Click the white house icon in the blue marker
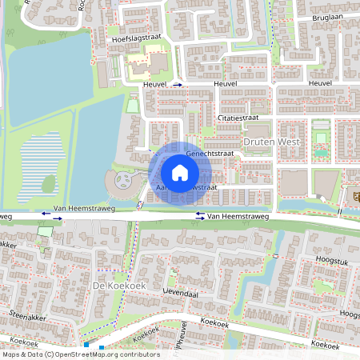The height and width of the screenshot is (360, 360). [x=180, y=172]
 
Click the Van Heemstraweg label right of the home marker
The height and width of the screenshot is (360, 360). [x=241, y=216]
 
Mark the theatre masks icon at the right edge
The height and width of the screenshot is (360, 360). [x=354, y=194]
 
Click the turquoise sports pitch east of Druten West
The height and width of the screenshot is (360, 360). [x=321, y=150]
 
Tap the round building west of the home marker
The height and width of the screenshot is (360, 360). [x=123, y=185]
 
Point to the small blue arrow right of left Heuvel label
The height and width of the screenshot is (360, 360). [x=178, y=83]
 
